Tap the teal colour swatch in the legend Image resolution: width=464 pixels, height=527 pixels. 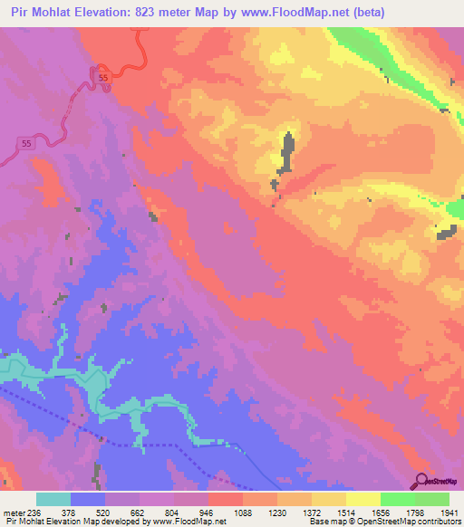click(53, 499)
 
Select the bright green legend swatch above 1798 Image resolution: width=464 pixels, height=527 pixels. click(397, 499)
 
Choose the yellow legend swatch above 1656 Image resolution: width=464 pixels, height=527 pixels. click(362, 499)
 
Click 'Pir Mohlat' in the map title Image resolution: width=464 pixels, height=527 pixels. click(40, 13)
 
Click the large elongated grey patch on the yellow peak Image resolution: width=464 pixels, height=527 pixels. click(286, 153)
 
